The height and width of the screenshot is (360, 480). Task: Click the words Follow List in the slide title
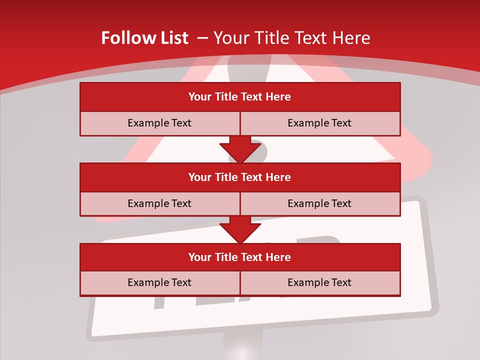point(144,38)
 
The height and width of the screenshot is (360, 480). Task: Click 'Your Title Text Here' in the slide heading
point(292,38)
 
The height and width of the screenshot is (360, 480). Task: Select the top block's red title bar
point(240,97)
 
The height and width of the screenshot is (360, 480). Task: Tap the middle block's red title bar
point(240,177)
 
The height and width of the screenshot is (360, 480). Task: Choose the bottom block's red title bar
point(240,257)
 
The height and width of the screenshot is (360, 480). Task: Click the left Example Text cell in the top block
point(159,123)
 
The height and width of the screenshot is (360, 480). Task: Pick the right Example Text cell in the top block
point(319,123)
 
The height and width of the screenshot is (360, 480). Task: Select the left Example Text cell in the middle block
point(159,203)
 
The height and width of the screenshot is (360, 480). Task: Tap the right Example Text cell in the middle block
point(319,203)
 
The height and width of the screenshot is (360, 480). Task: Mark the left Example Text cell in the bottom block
point(159,282)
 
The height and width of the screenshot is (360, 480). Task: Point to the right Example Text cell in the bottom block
point(319,282)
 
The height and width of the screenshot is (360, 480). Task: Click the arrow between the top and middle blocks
point(240,149)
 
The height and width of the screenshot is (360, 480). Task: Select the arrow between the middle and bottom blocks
point(240,229)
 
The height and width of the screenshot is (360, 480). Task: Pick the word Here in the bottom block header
point(278,257)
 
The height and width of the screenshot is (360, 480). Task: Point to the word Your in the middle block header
point(200,177)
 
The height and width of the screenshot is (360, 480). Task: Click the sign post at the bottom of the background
point(242,347)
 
